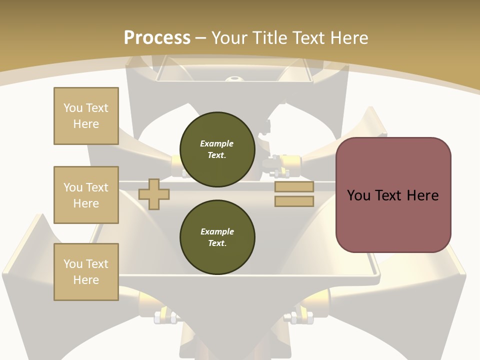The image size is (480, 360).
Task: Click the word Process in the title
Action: click(157, 38)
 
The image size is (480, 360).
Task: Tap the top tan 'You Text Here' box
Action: click(86, 116)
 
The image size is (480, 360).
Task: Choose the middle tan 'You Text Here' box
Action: click(86, 195)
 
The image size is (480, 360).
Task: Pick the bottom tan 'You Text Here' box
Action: click(86, 271)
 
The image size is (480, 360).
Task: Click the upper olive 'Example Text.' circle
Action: click(217, 149)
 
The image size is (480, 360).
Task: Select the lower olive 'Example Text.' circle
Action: click(217, 237)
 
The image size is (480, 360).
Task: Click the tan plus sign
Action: click(154, 194)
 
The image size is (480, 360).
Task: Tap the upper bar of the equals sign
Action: click(294, 186)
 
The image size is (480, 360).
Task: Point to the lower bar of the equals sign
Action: click(294, 201)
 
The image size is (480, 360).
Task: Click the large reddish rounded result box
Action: click(393, 220)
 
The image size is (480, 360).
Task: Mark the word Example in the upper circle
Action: click(217, 143)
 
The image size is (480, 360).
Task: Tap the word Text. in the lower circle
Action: click(217, 243)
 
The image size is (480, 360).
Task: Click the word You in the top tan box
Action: click(73, 108)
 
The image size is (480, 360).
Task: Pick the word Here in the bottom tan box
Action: click(86, 280)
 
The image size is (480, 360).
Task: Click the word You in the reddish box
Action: click(358, 195)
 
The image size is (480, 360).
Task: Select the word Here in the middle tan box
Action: click(86, 203)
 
